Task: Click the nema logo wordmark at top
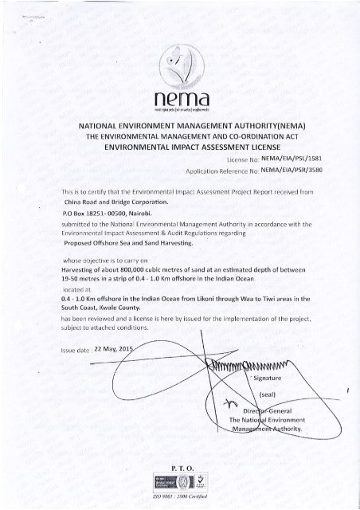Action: [x=179, y=98]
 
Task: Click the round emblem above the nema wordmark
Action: [x=179, y=61]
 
